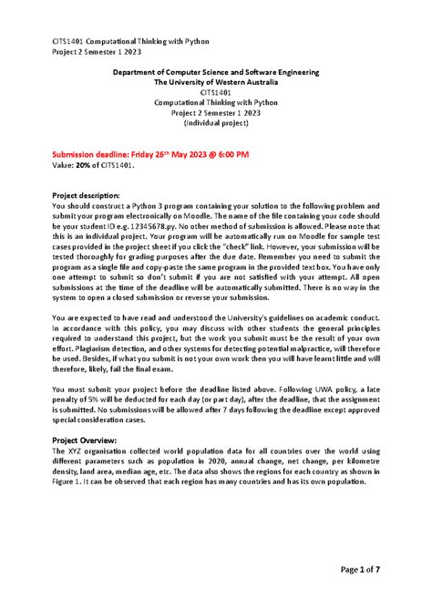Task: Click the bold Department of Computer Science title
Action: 216,71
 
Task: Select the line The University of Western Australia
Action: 216,81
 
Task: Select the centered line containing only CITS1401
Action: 216,91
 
